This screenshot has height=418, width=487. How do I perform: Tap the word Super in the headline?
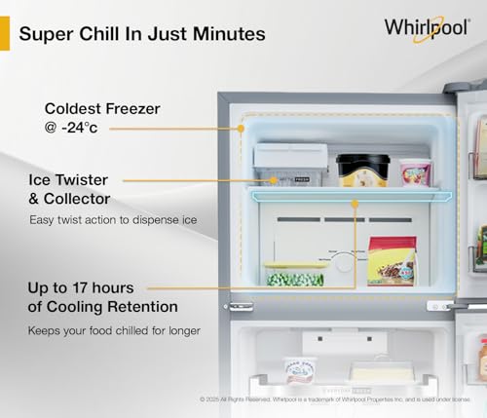point(46,34)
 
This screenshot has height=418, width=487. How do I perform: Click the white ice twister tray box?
point(290,163)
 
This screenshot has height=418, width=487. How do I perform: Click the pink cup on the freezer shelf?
point(415,172)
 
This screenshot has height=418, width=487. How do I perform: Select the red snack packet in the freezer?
point(392,260)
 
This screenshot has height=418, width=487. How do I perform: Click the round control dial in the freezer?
point(340,261)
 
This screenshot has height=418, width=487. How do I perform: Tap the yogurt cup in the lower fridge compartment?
point(300,371)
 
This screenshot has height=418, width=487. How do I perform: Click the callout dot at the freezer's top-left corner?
point(241,128)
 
